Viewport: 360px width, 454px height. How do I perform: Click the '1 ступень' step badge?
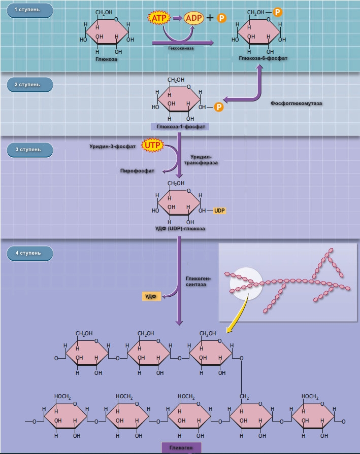[x=30, y=10]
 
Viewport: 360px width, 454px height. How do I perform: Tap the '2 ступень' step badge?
[x=30, y=84]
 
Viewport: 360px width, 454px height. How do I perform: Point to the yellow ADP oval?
[x=193, y=18]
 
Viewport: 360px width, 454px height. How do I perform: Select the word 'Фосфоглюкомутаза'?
[x=296, y=103]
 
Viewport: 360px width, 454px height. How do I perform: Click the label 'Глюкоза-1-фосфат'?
[x=180, y=126]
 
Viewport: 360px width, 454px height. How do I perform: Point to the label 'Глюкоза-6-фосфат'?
[x=263, y=58]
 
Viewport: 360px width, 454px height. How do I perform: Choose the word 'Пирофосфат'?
[x=137, y=171]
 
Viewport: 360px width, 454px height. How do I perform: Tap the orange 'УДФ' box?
[x=151, y=296]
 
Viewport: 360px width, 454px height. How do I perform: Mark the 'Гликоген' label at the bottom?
[x=181, y=447]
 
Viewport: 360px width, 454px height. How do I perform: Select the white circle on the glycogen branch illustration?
[x=245, y=283]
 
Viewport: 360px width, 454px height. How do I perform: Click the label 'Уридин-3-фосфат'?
[x=116, y=146]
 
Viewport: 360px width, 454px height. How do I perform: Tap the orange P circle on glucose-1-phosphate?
[x=218, y=107]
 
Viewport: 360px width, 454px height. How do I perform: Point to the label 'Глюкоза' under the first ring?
[x=106, y=59]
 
